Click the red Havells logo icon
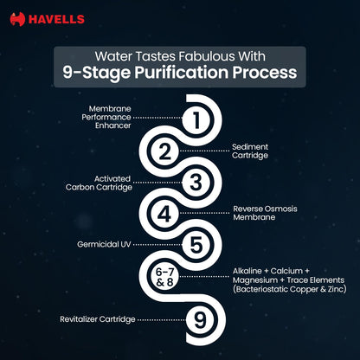(x=17, y=19)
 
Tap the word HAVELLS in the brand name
(x=56, y=20)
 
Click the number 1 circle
(x=196, y=119)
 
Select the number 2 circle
(x=165, y=151)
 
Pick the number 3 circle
(x=196, y=183)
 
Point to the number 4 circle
(x=165, y=214)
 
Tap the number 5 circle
(x=196, y=245)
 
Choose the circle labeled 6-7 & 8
(x=165, y=277)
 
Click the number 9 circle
(x=200, y=319)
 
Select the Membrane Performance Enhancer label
(x=106, y=117)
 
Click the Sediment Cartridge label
(x=250, y=151)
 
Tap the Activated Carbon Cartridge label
(x=99, y=183)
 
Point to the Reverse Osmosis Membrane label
(x=265, y=213)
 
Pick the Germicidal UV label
(x=104, y=244)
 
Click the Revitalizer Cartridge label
(x=98, y=319)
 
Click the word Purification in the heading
(x=182, y=72)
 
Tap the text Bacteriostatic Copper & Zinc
(x=290, y=289)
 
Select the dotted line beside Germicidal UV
(x=157, y=245)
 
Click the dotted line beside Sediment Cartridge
(x=204, y=151)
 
